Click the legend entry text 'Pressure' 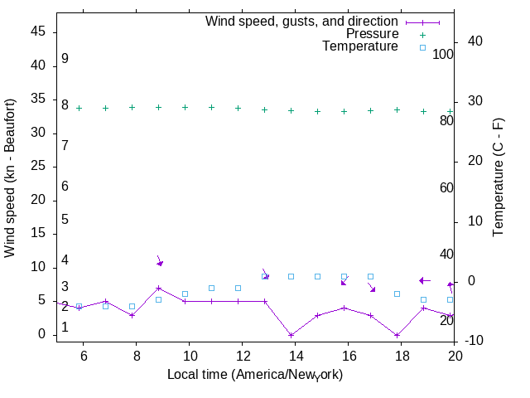tap(372, 34)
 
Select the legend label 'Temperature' tap(360, 47)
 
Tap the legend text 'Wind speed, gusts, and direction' tap(301, 22)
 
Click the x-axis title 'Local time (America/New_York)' tap(255, 375)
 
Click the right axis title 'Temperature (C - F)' tap(499, 177)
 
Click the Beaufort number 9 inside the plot tap(65, 60)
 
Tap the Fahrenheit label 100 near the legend tap(443, 55)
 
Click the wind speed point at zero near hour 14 tap(291, 335)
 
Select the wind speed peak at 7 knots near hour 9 tap(158, 288)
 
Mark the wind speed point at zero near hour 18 tap(397, 335)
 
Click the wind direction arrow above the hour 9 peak tap(159, 261)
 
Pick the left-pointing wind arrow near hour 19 tap(424, 280)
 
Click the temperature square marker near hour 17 tap(370, 276)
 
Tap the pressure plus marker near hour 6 tap(79, 108)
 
